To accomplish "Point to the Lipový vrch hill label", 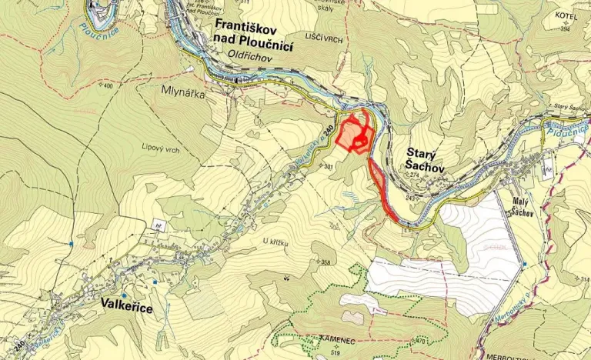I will pos(160,149).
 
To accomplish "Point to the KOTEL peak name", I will pos(566,15).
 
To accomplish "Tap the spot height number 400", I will pos(105,85).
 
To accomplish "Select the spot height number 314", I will pos(583,278).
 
